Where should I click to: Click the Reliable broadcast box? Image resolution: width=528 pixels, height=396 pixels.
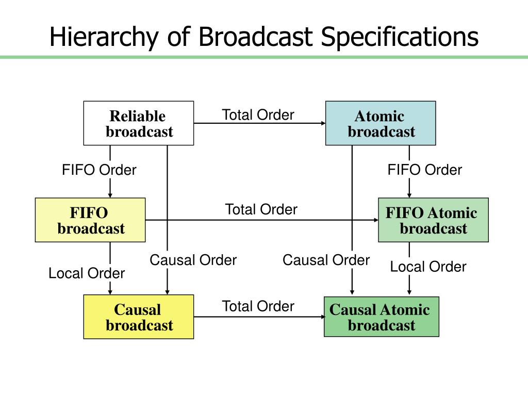click(x=138, y=123)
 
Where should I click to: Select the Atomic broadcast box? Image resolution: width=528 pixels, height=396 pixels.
click(x=381, y=123)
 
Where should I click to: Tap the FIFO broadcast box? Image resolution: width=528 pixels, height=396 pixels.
click(x=90, y=220)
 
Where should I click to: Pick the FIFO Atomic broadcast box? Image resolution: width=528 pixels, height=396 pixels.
click(x=433, y=220)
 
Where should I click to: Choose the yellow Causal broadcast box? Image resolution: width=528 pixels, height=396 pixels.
click(x=138, y=317)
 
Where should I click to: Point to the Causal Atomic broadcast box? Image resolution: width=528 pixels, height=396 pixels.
click(x=382, y=317)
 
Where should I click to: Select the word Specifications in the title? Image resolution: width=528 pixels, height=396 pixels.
click(x=400, y=37)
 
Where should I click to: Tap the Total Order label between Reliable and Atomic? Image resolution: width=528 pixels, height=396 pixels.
click(x=258, y=115)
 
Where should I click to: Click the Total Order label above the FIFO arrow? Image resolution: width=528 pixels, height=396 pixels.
click(x=261, y=209)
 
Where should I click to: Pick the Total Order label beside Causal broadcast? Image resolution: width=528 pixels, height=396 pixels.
click(x=258, y=306)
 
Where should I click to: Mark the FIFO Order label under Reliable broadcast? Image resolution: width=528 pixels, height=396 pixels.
click(x=99, y=170)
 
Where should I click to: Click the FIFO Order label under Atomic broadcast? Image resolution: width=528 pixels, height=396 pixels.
click(x=425, y=170)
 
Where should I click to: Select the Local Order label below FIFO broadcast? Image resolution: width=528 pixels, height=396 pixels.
click(x=87, y=273)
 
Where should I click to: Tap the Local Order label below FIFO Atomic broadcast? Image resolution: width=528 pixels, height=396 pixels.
click(x=428, y=267)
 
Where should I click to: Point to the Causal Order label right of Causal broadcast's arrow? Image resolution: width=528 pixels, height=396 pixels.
click(x=193, y=260)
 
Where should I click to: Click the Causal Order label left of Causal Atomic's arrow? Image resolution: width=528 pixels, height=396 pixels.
click(x=326, y=260)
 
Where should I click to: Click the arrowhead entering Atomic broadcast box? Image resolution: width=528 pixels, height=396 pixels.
click(x=324, y=123)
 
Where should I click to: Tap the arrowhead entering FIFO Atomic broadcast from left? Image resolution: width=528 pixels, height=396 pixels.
click(x=376, y=220)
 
